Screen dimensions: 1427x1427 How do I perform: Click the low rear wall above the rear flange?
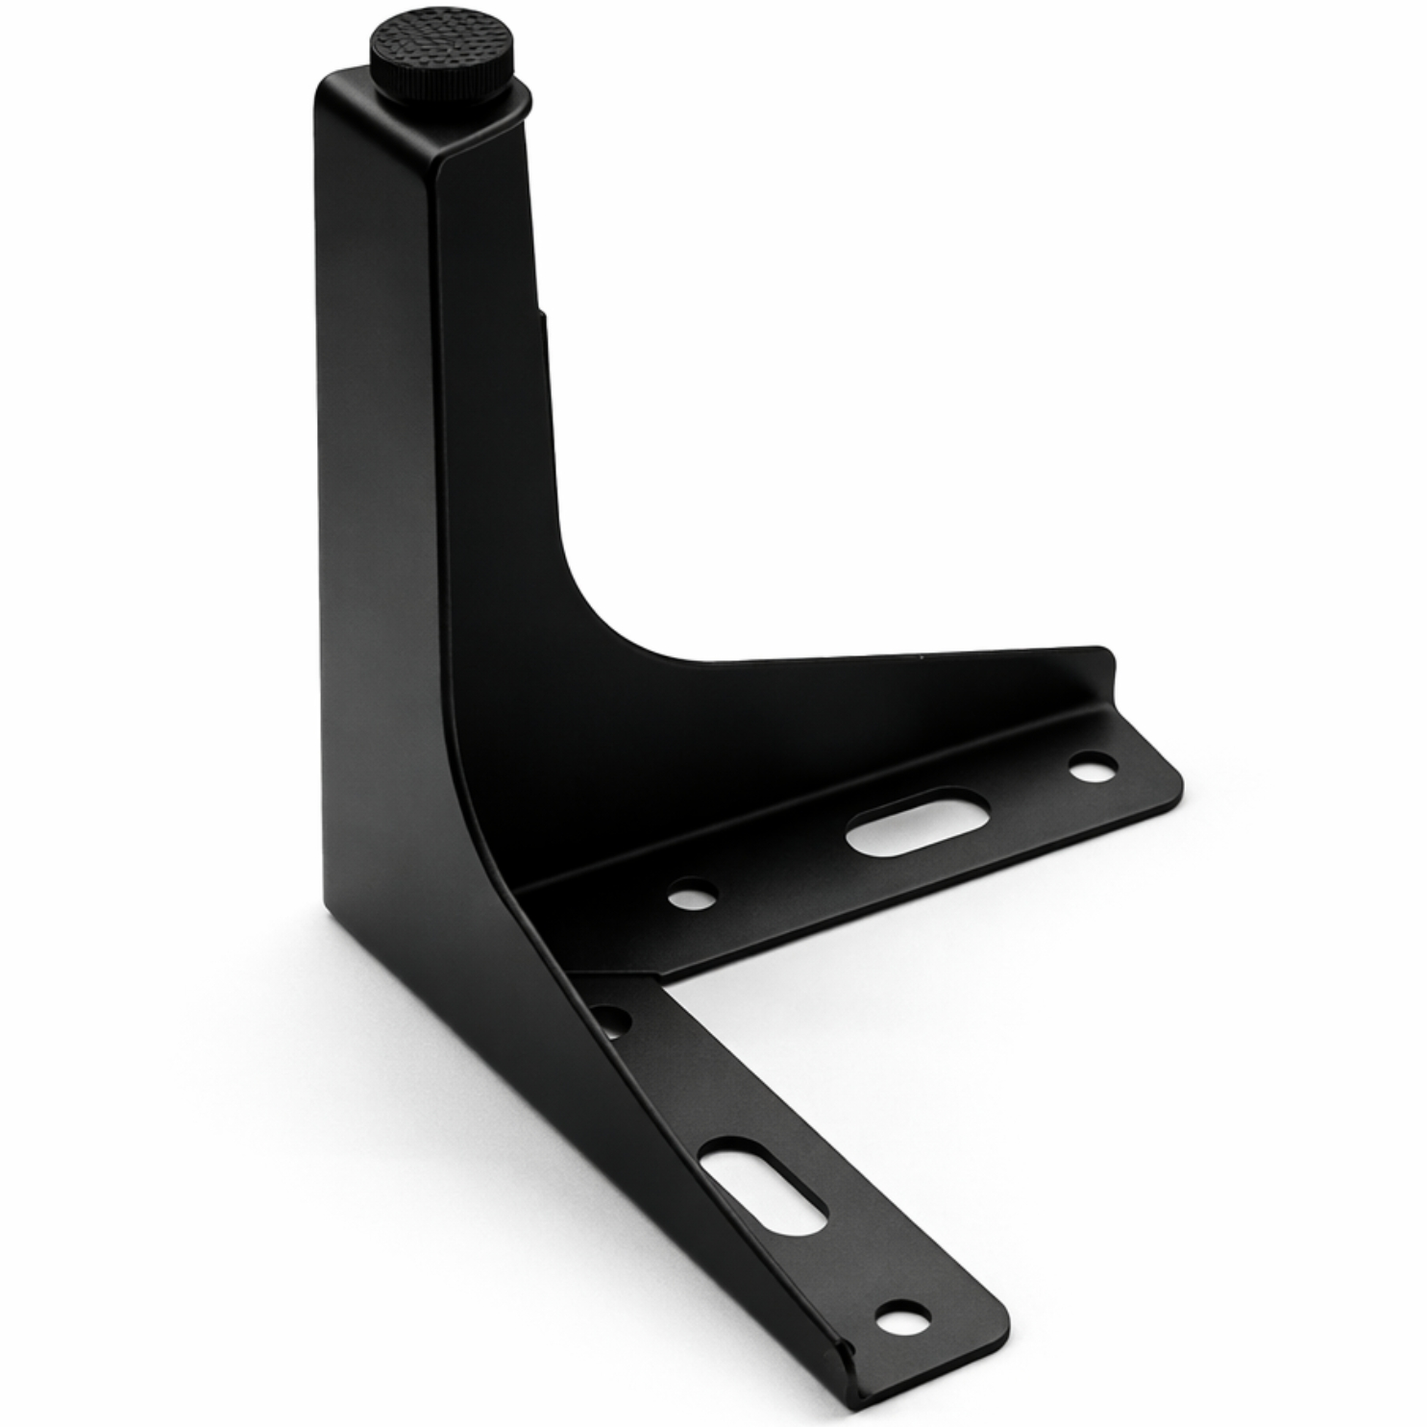click(x=865, y=711)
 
